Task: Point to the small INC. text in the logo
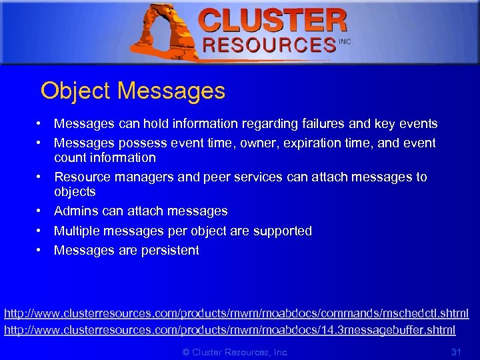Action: tap(345, 41)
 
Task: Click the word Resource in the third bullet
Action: tap(83, 177)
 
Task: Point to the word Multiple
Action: tap(76, 231)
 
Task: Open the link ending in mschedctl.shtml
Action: tap(237, 313)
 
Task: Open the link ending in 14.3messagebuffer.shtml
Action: tap(230, 330)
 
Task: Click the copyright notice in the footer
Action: tap(235, 351)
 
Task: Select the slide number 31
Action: tap(457, 351)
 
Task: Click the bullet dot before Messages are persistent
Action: tap(41, 251)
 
